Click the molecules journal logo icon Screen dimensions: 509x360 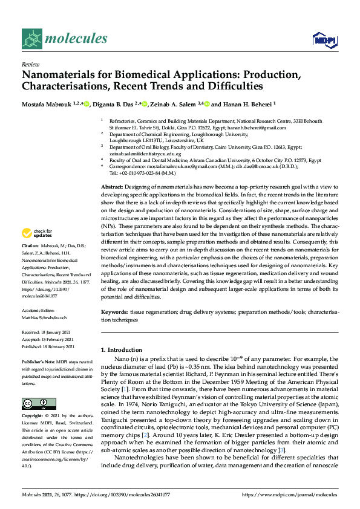click(x=32, y=39)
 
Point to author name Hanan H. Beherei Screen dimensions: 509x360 click(x=246, y=103)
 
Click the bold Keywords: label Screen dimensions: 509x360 click(x=114, y=312)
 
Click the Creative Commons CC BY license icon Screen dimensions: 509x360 click(x=39, y=403)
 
